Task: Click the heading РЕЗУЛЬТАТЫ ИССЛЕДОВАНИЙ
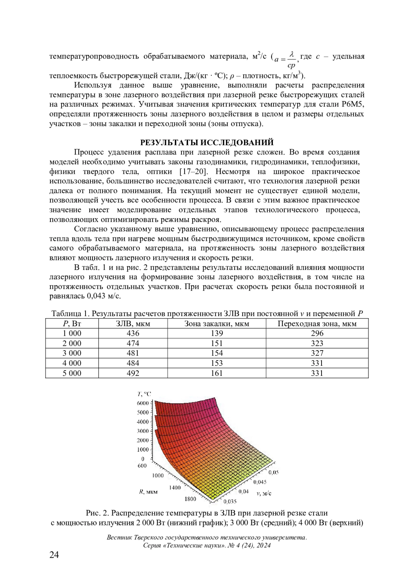(x=207, y=143)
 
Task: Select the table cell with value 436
(x=133, y=333)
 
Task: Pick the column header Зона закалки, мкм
(x=217, y=323)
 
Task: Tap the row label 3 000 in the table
(x=72, y=353)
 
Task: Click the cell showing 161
(x=217, y=373)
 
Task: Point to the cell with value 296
(x=317, y=333)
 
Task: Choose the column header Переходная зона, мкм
(x=317, y=323)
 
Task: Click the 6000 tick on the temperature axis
(x=142, y=403)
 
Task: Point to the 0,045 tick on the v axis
(x=260, y=482)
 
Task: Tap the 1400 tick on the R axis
(x=175, y=487)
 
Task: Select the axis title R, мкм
(x=148, y=492)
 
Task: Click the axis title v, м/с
(x=264, y=493)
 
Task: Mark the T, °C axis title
(x=144, y=394)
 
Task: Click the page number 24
(x=55, y=555)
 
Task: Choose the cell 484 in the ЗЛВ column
(x=133, y=363)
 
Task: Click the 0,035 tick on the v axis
(x=230, y=501)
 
